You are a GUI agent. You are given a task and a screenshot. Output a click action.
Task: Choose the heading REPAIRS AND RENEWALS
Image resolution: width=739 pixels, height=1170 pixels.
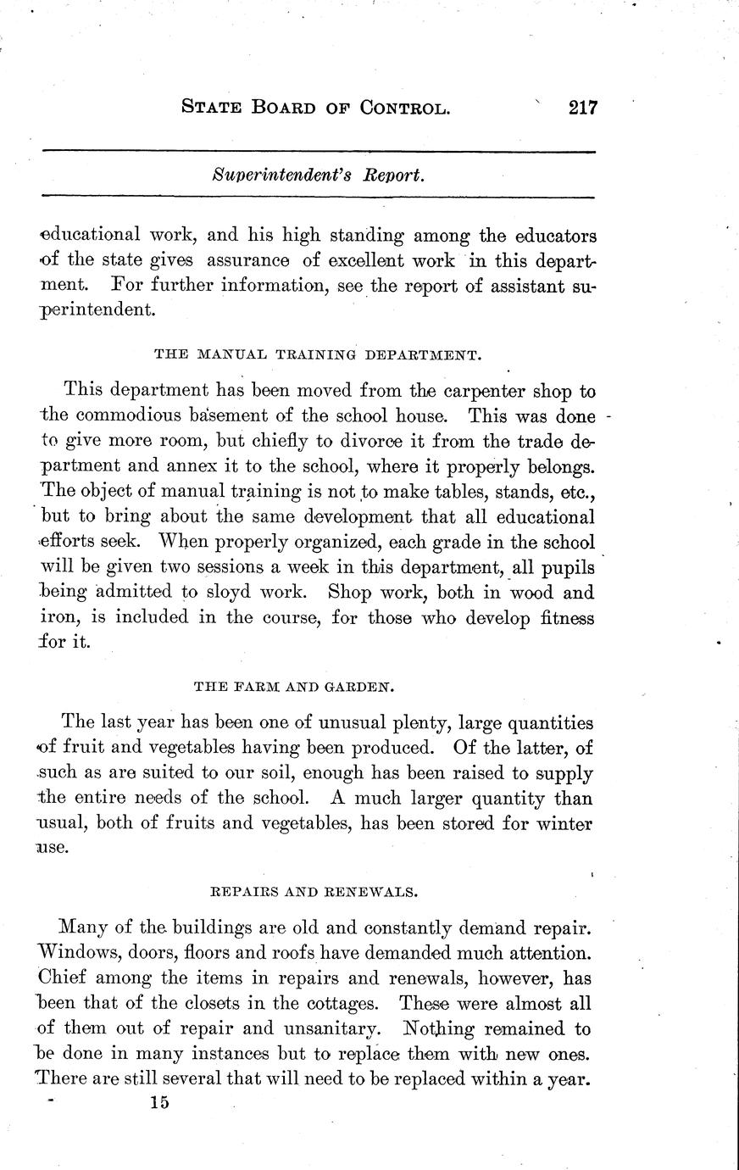(312, 891)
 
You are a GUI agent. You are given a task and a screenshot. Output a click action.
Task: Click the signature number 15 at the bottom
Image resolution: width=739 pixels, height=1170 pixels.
(158, 1102)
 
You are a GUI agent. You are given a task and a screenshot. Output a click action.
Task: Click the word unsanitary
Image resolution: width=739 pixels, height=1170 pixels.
(330, 1029)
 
